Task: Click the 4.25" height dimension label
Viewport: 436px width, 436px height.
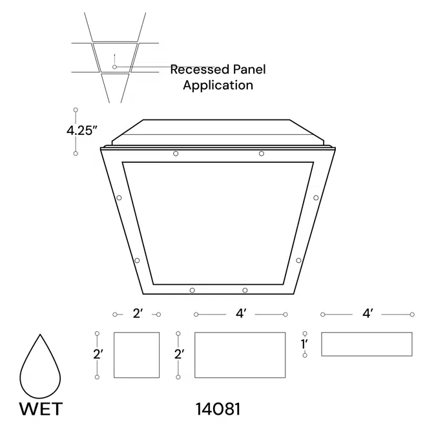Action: (82, 130)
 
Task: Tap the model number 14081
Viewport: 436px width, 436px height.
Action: (218, 409)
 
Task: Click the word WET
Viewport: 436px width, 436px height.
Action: (41, 409)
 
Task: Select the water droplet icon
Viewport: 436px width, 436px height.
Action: (41, 370)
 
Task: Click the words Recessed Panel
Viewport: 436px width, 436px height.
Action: (218, 70)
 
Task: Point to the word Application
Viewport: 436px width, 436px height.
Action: (218, 85)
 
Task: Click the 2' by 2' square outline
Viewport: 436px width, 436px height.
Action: (136, 355)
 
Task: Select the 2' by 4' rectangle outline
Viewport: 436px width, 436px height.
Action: (240, 355)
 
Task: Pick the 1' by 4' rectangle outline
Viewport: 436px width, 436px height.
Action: (366, 344)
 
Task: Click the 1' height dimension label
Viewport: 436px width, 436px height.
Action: (304, 344)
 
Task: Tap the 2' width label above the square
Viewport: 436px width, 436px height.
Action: (137, 314)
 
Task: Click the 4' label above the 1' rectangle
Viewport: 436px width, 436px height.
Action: (367, 314)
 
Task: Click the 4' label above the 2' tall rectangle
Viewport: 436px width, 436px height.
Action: (240, 314)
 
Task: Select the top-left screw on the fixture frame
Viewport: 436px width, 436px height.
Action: (176, 154)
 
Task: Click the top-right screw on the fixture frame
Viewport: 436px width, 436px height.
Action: (262, 154)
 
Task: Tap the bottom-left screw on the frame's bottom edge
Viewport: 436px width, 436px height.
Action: (192, 290)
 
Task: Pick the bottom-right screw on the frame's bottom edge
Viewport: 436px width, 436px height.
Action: (245, 290)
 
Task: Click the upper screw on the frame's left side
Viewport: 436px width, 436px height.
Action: (119, 198)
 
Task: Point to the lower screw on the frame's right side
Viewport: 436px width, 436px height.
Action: (298, 260)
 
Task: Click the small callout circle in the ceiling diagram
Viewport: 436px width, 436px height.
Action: (114, 67)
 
